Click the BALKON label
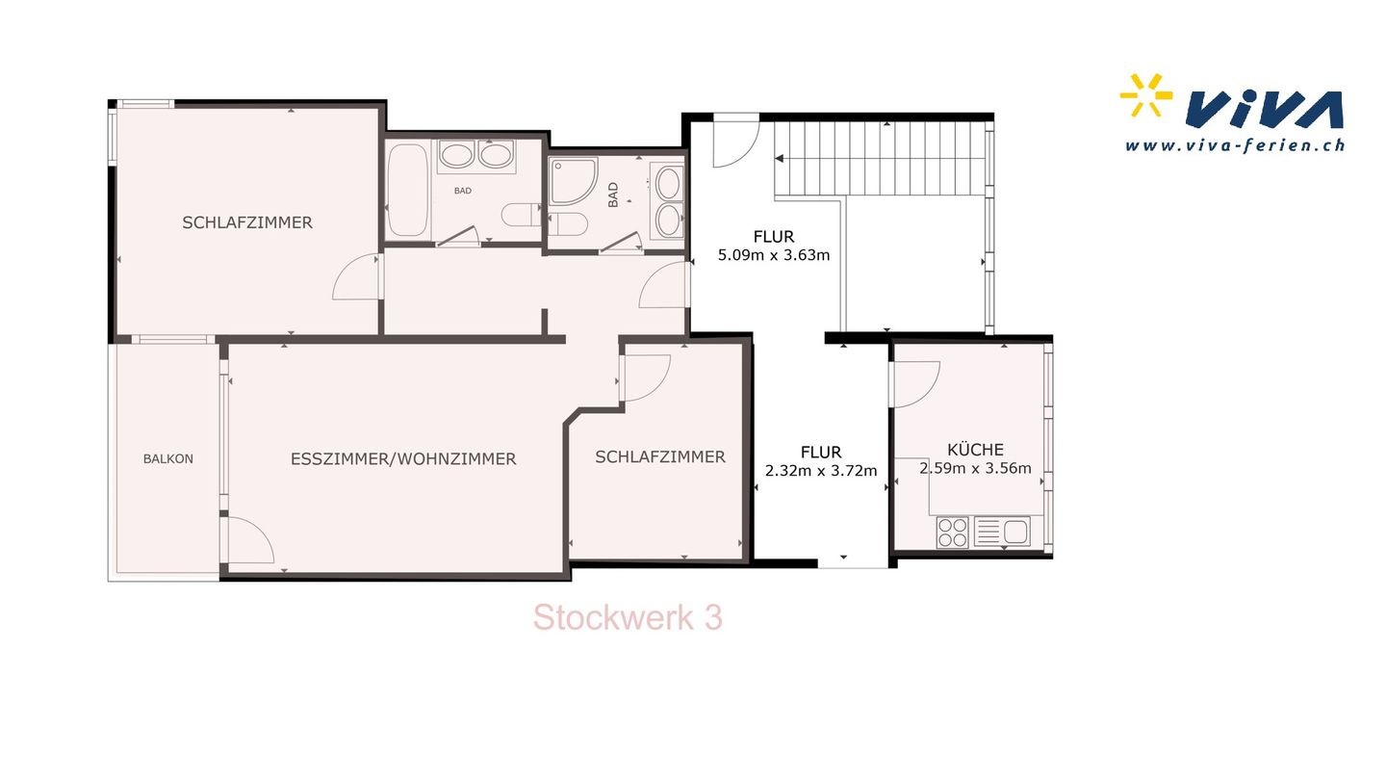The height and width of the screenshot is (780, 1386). [x=168, y=458]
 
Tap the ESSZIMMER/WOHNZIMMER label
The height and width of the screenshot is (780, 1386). [x=403, y=458]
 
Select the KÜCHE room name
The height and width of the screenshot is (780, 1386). [x=975, y=449]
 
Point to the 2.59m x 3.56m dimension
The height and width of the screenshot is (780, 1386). [x=975, y=468]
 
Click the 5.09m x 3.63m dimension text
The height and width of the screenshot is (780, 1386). [x=774, y=255]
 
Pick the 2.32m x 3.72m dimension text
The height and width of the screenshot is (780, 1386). [x=821, y=471]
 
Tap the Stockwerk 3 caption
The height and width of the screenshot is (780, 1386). [x=628, y=618]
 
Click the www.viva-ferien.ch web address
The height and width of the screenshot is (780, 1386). [x=1235, y=145]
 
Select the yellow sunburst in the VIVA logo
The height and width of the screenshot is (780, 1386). [x=1146, y=95]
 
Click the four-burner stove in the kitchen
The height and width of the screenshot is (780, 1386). [x=952, y=533]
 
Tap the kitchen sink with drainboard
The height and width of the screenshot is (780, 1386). [x=1002, y=532]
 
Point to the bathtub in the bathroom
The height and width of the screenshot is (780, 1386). [x=408, y=190]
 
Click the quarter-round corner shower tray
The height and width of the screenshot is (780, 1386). [x=573, y=181]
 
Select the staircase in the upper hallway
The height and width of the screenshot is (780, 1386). [x=880, y=159]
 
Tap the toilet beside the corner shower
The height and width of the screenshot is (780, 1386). [x=568, y=224]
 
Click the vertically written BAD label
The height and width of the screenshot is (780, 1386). [x=613, y=195]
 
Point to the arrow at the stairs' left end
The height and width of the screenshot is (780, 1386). [x=780, y=159]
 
